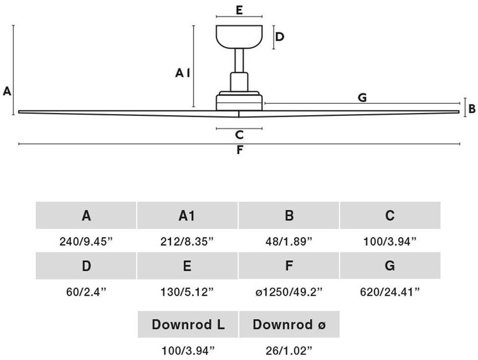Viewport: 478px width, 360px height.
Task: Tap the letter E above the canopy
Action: pos(239,10)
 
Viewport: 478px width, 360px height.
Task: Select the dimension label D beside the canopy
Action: pos(279,37)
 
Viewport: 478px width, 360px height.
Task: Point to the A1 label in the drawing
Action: pos(183,73)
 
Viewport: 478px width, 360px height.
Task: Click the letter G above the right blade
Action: pos(362,97)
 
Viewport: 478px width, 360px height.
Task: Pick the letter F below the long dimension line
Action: pos(239,151)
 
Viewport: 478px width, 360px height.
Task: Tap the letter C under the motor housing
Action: pos(239,135)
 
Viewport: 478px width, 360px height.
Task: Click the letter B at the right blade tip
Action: pos(472,108)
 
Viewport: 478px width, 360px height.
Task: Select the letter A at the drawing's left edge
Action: pos(7,91)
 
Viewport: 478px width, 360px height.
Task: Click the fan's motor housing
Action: pos(239,101)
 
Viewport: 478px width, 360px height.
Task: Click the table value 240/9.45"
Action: pos(86,241)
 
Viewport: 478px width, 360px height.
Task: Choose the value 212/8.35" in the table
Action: pos(187,241)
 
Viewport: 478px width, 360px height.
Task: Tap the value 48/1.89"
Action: pos(288,241)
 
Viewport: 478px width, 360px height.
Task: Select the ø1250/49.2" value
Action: pos(288,292)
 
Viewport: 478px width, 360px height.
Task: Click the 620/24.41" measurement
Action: pos(390,292)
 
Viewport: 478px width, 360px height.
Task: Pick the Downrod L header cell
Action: pos(188,324)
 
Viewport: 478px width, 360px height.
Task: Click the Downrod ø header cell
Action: pos(288,324)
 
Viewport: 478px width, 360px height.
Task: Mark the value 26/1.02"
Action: pos(288,350)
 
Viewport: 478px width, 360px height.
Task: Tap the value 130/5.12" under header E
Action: pos(187,292)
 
